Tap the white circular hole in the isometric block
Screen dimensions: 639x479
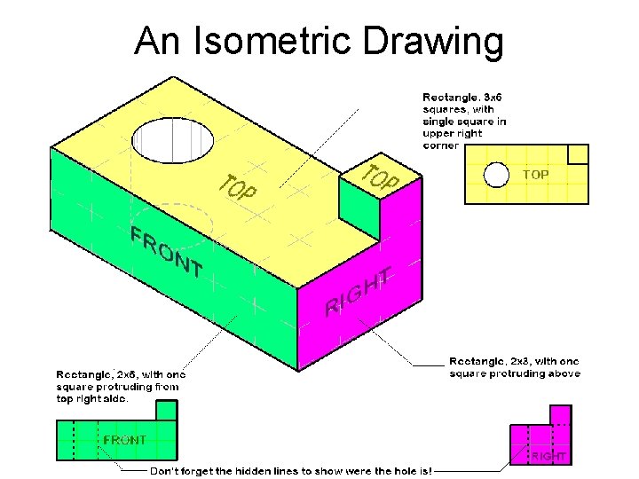pos(172,140)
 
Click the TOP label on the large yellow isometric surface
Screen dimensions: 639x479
pos(238,185)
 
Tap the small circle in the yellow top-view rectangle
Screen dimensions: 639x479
pos(496,175)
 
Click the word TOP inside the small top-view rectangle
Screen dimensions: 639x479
pos(535,175)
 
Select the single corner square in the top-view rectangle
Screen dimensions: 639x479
pos(578,154)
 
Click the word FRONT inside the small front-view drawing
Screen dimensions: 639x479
pos(124,440)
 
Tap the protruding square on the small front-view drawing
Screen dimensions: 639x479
pos(166,410)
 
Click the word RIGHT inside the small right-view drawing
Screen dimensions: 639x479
pos(548,456)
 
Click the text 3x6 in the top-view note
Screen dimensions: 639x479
pos(493,97)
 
